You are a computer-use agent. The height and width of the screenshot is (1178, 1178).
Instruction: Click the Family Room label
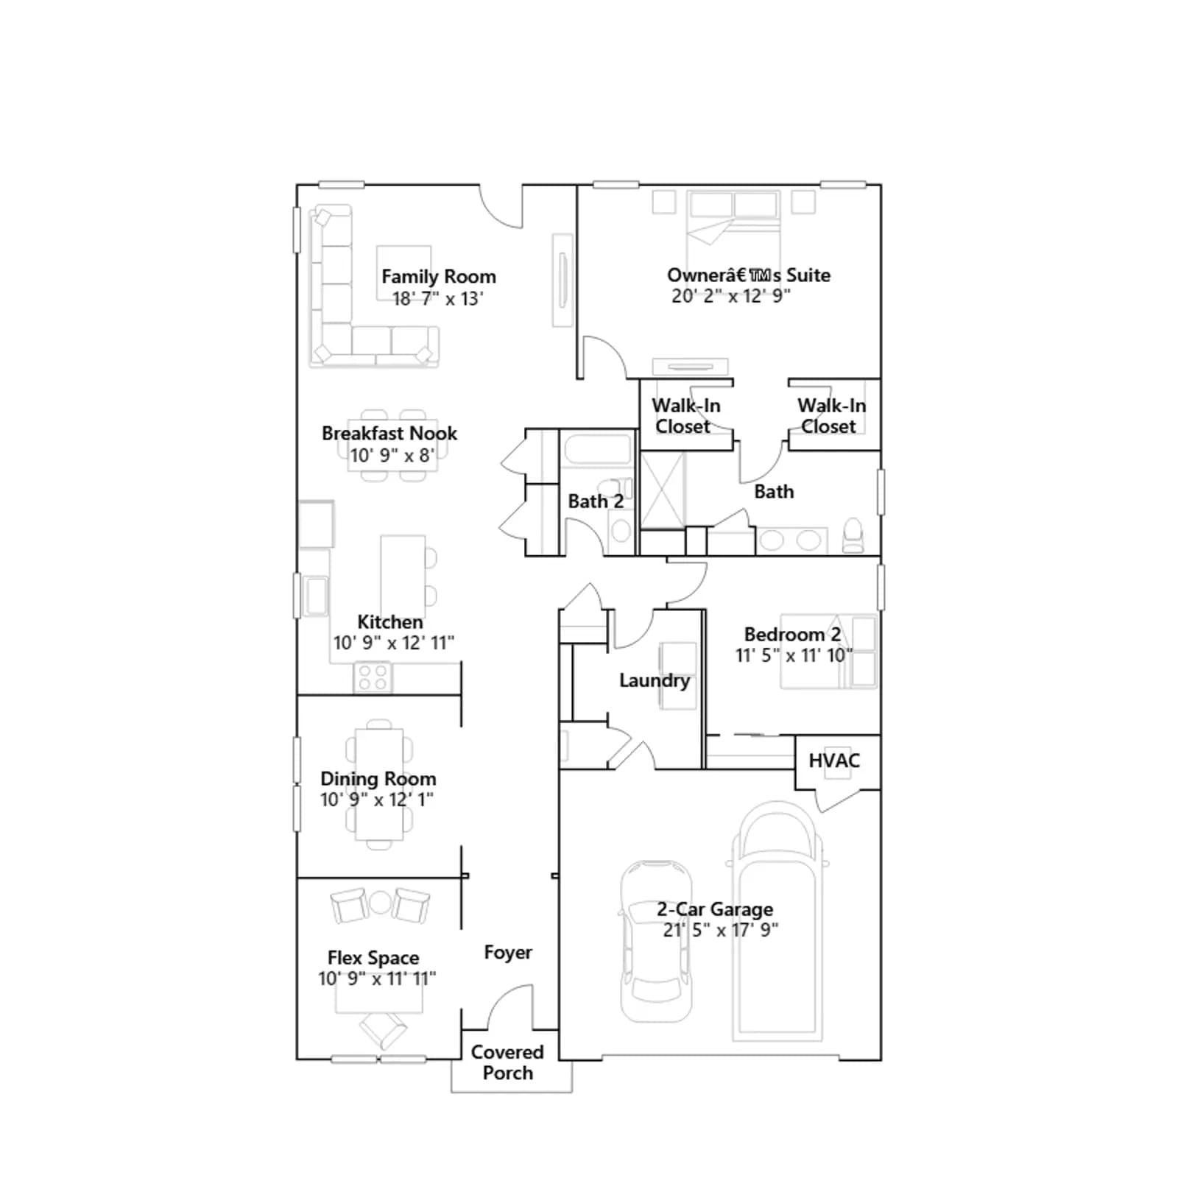click(x=439, y=277)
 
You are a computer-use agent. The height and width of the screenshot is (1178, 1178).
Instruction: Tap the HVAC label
click(x=834, y=761)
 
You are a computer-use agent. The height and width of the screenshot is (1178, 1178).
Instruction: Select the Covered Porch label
click(x=507, y=1062)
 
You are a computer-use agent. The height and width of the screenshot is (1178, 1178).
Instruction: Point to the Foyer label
click(x=508, y=953)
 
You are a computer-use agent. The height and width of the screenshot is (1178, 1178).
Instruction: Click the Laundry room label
click(x=655, y=680)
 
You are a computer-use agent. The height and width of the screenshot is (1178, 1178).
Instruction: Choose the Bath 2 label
click(x=596, y=501)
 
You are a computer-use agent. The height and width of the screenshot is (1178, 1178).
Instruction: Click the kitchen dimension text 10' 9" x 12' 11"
click(x=394, y=643)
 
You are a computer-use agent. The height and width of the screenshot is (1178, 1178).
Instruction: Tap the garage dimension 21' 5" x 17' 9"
click(x=721, y=930)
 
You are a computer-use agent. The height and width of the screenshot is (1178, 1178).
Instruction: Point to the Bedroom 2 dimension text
click(x=794, y=655)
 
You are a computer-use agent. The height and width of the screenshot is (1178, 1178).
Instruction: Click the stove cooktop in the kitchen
click(x=373, y=677)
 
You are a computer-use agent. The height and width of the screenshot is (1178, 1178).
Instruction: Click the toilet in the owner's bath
click(x=853, y=535)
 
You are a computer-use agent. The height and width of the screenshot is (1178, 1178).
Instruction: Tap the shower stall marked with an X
click(x=663, y=490)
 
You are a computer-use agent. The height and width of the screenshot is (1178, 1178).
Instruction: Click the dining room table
click(x=379, y=784)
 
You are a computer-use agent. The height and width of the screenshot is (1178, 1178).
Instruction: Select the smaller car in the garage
click(x=656, y=942)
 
